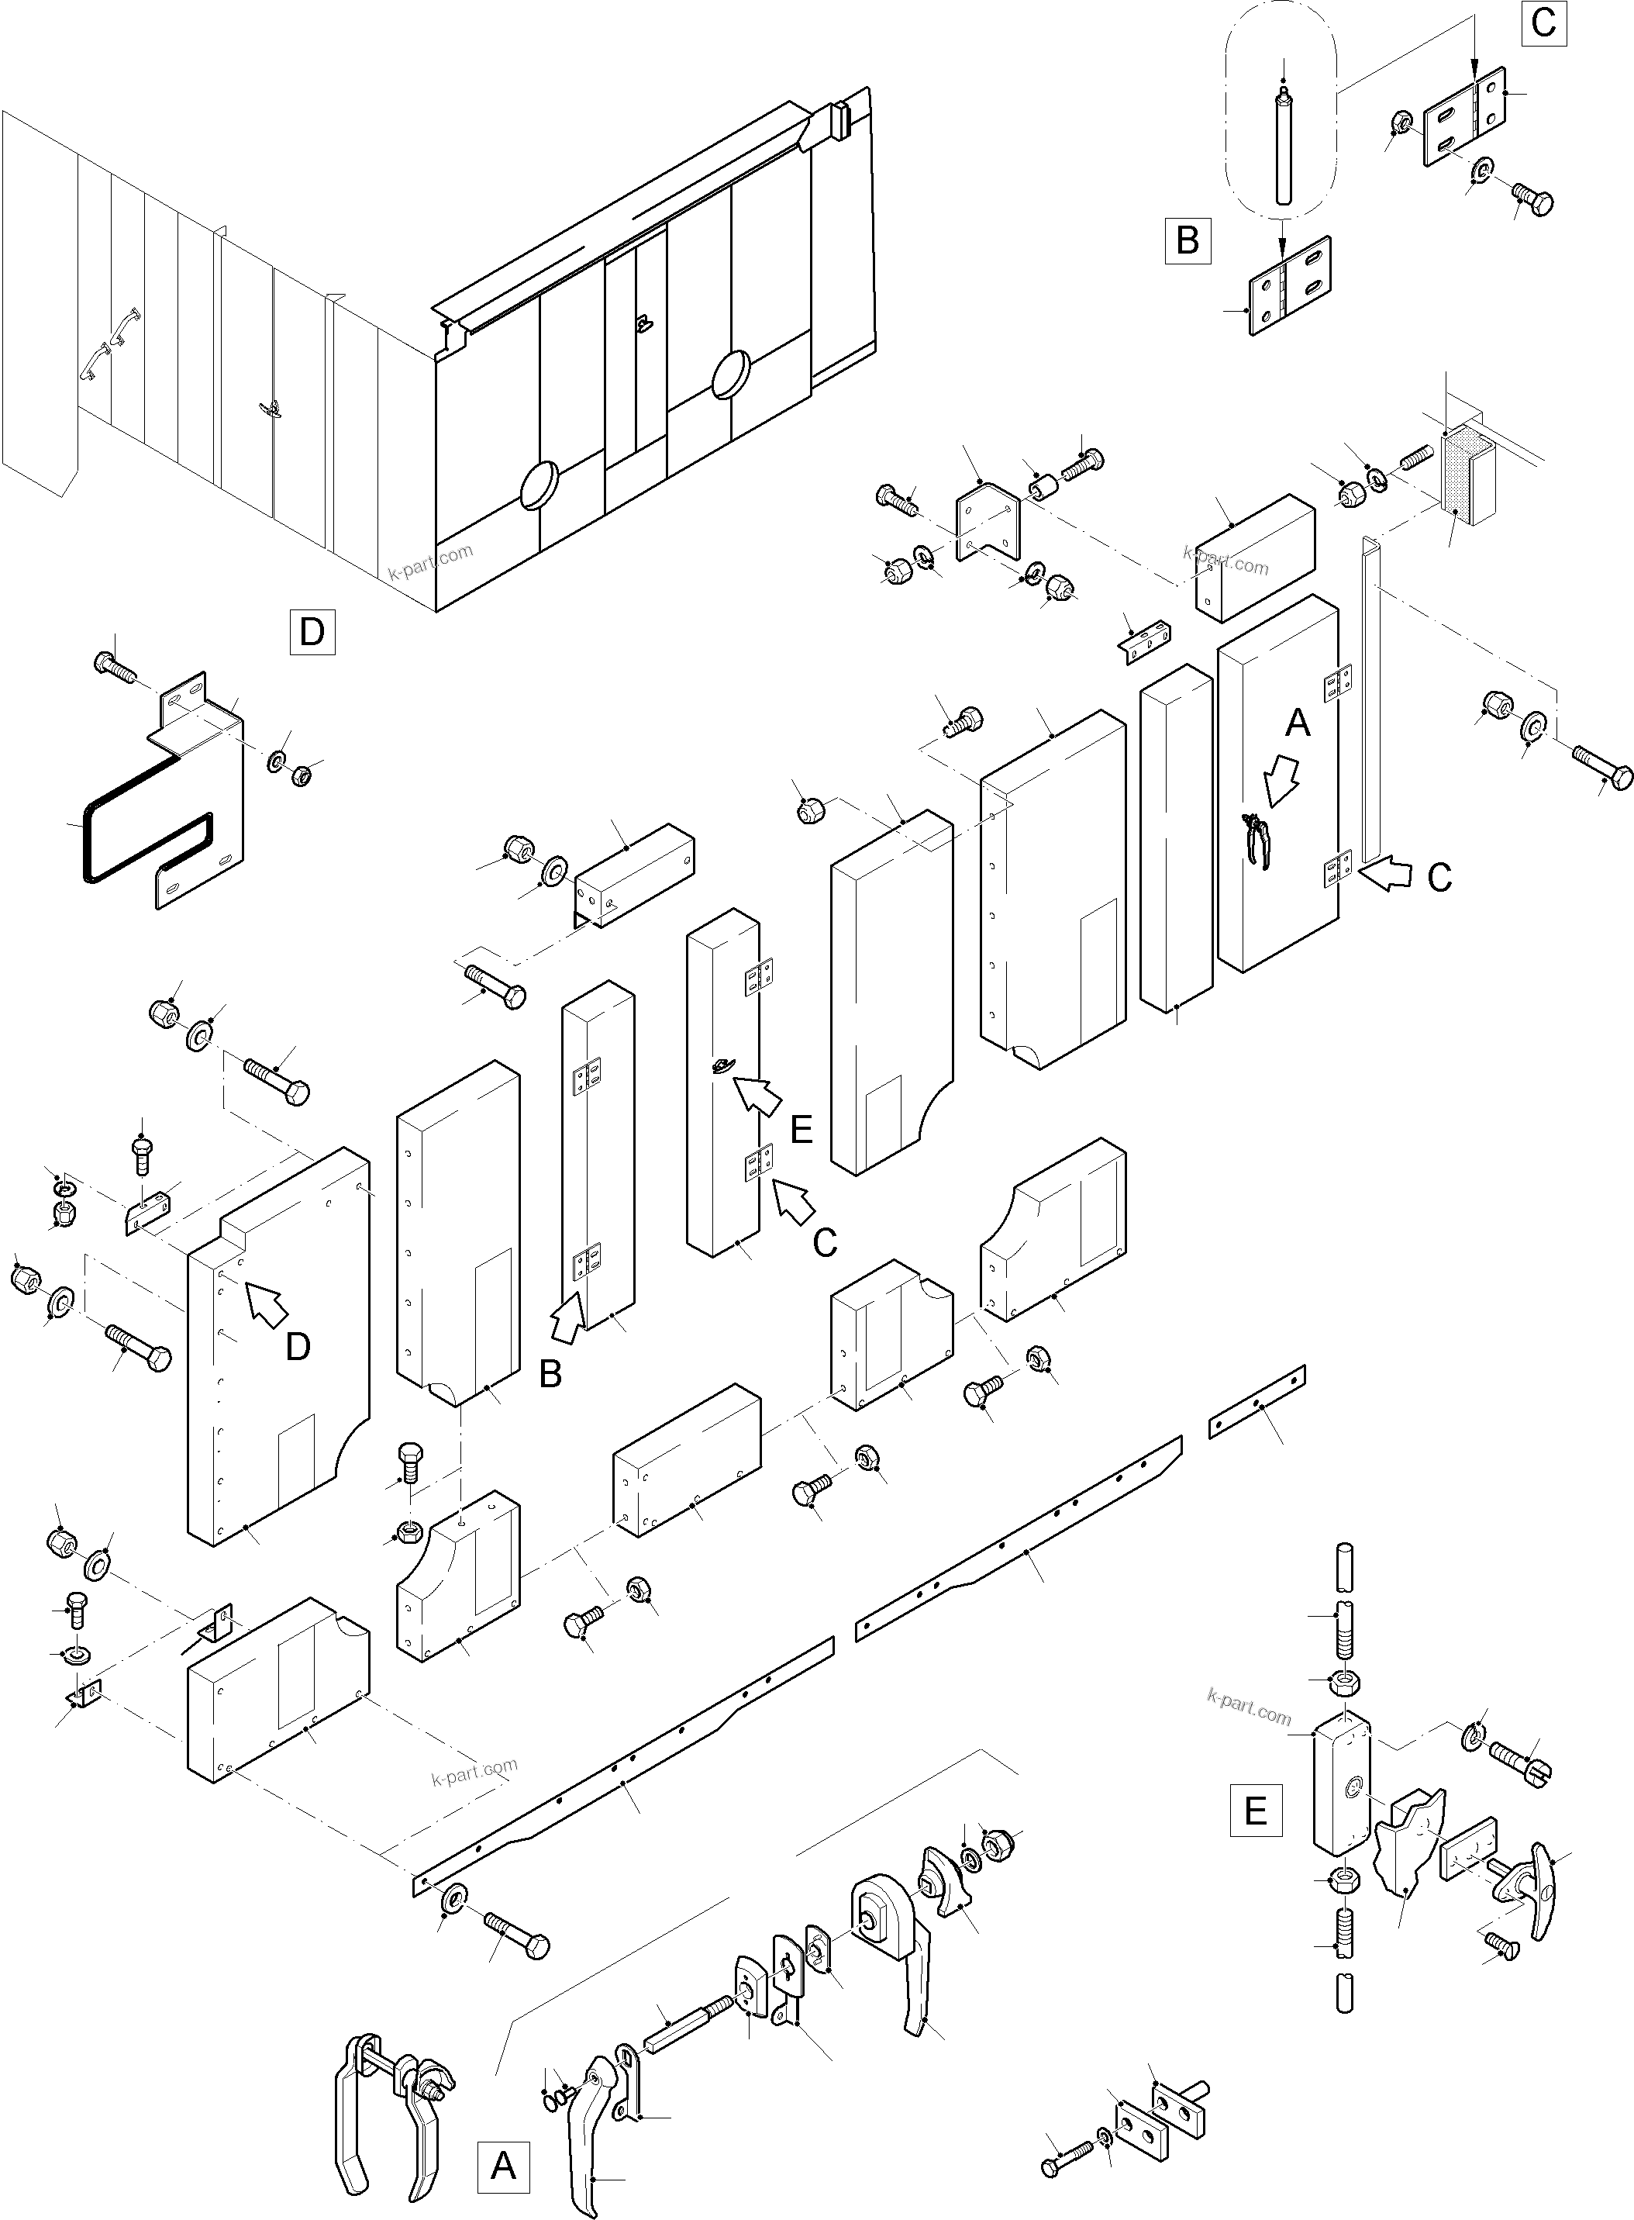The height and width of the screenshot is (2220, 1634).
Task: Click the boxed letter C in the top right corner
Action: coord(1543,22)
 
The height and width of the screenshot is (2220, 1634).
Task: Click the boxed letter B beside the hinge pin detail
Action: coord(1188,240)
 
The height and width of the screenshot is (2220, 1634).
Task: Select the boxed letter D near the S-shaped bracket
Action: coord(312,631)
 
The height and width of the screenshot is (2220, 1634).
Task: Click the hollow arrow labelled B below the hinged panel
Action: coord(567,1321)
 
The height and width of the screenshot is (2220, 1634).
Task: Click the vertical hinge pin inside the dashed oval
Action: coord(1282,148)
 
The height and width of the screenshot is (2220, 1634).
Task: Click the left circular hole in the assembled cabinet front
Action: coord(539,485)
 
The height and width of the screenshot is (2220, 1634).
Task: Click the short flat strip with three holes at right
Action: coord(1257,1402)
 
